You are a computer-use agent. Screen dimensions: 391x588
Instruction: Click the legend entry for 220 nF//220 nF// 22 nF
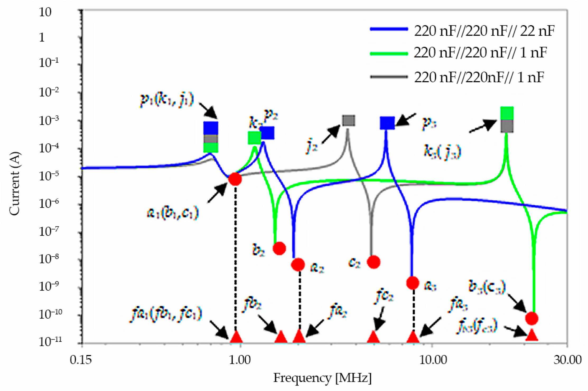(484, 31)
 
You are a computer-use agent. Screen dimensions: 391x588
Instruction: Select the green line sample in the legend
(389, 54)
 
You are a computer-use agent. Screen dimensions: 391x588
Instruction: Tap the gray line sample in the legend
(389, 77)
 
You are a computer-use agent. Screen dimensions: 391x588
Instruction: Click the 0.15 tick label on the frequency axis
(81, 360)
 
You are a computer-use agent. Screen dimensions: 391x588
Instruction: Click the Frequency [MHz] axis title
(322, 378)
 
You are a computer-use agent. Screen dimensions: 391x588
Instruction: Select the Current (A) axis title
(15, 183)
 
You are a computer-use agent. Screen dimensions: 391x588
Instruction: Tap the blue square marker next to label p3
(387, 123)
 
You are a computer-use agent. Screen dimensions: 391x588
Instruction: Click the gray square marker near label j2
(348, 120)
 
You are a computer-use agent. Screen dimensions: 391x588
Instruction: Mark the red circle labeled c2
(374, 262)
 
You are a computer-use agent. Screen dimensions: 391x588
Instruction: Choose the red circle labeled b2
(279, 248)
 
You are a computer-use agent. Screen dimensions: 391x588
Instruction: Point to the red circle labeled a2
(298, 264)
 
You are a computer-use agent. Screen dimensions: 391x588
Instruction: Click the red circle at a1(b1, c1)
(235, 179)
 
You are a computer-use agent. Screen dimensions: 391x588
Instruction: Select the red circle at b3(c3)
(531, 318)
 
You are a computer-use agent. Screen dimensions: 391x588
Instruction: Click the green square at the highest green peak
(507, 113)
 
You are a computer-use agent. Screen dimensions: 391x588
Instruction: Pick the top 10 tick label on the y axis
(45, 12)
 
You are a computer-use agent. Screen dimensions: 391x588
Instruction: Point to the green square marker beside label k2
(254, 138)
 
